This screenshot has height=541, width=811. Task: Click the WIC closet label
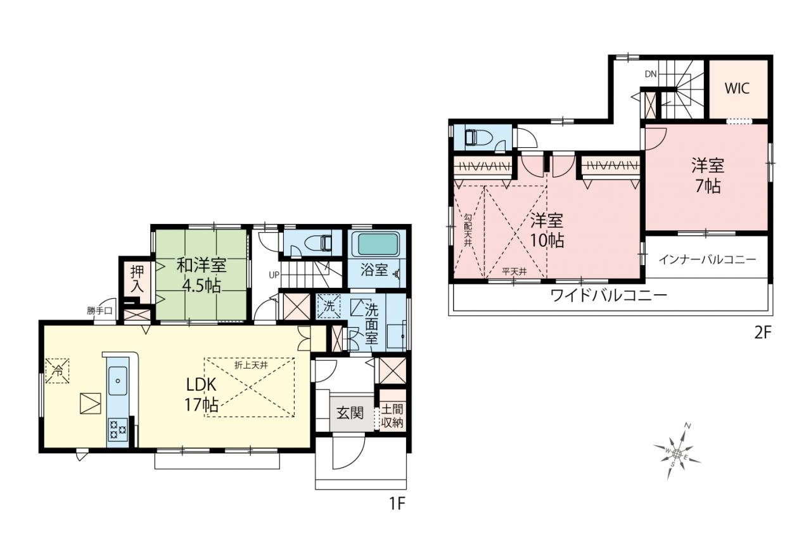point(737,88)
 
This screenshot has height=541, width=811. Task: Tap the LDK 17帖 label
point(201,394)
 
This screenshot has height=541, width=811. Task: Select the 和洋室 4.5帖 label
point(201,275)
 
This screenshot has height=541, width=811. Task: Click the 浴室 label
point(374,270)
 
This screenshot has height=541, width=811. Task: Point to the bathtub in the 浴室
point(378,245)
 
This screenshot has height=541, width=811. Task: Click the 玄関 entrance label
point(350,413)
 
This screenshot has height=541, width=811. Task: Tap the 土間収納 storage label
point(392,416)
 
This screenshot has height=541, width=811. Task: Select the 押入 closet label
point(137,278)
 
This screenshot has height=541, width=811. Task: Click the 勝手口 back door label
point(99,311)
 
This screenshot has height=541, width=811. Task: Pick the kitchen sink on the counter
point(118,381)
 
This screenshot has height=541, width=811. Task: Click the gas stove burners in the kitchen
point(118,429)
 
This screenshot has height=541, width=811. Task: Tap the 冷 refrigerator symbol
point(57,370)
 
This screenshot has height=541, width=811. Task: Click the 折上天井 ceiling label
point(251,365)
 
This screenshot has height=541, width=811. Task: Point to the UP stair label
point(274,275)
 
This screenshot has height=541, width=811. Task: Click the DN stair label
point(651,74)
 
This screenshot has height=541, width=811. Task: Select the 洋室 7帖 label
point(708,176)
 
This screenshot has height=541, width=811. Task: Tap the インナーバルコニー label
point(707,259)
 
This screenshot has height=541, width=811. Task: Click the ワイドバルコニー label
point(609,296)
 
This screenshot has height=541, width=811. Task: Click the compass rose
point(677,453)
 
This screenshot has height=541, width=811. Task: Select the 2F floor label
point(763,333)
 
